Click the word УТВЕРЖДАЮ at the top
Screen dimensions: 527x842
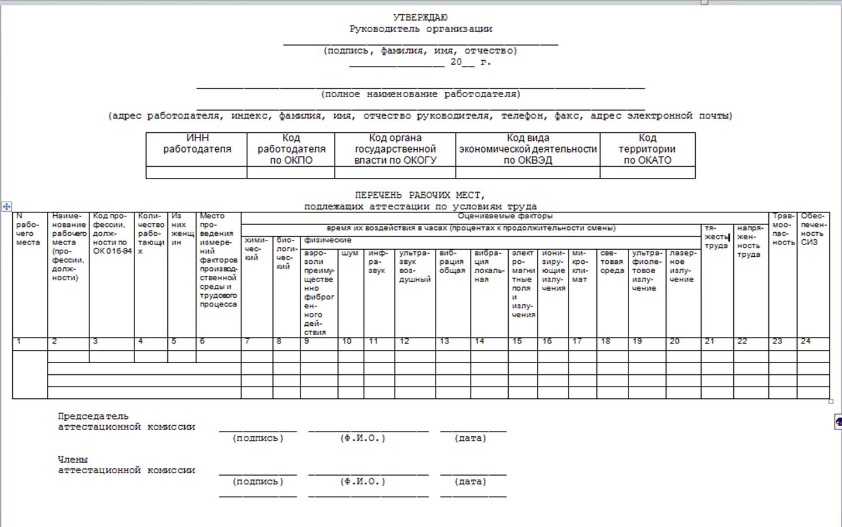pyautogui.click(x=420, y=18)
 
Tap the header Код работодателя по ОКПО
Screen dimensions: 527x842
pyautogui.click(x=291, y=149)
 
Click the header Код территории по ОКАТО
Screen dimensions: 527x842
pyautogui.click(x=647, y=149)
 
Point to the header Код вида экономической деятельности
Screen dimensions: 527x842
pyautogui.click(x=528, y=149)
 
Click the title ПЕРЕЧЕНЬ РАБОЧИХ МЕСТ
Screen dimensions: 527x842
pyautogui.click(x=420, y=195)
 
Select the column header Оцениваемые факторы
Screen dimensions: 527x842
pyautogui.click(x=505, y=216)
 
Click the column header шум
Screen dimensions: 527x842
pyautogui.click(x=350, y=253)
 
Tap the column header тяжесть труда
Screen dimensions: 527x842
pyautogui.click(x=716, y=237)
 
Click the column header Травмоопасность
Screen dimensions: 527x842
pyautogui.click(x=783, y=229)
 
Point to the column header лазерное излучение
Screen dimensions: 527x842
pyautogui.click(x=682, y=266)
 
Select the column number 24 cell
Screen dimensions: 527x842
pyautogui.click(x=806, y=342)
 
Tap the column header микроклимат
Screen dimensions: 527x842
pyautogui.click(x=580, y=266)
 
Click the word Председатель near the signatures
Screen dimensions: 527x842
pyautogui.click(x=93, y=416)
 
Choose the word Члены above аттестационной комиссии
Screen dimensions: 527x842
pyautogui.click(x=73, y=460)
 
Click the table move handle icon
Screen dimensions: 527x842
pyautogui.click(x=6, y=206)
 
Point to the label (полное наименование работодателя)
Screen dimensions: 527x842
pyautogui.click(x=420, y=94)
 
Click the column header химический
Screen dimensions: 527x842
pyautogui.click(x=256, y=249)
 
